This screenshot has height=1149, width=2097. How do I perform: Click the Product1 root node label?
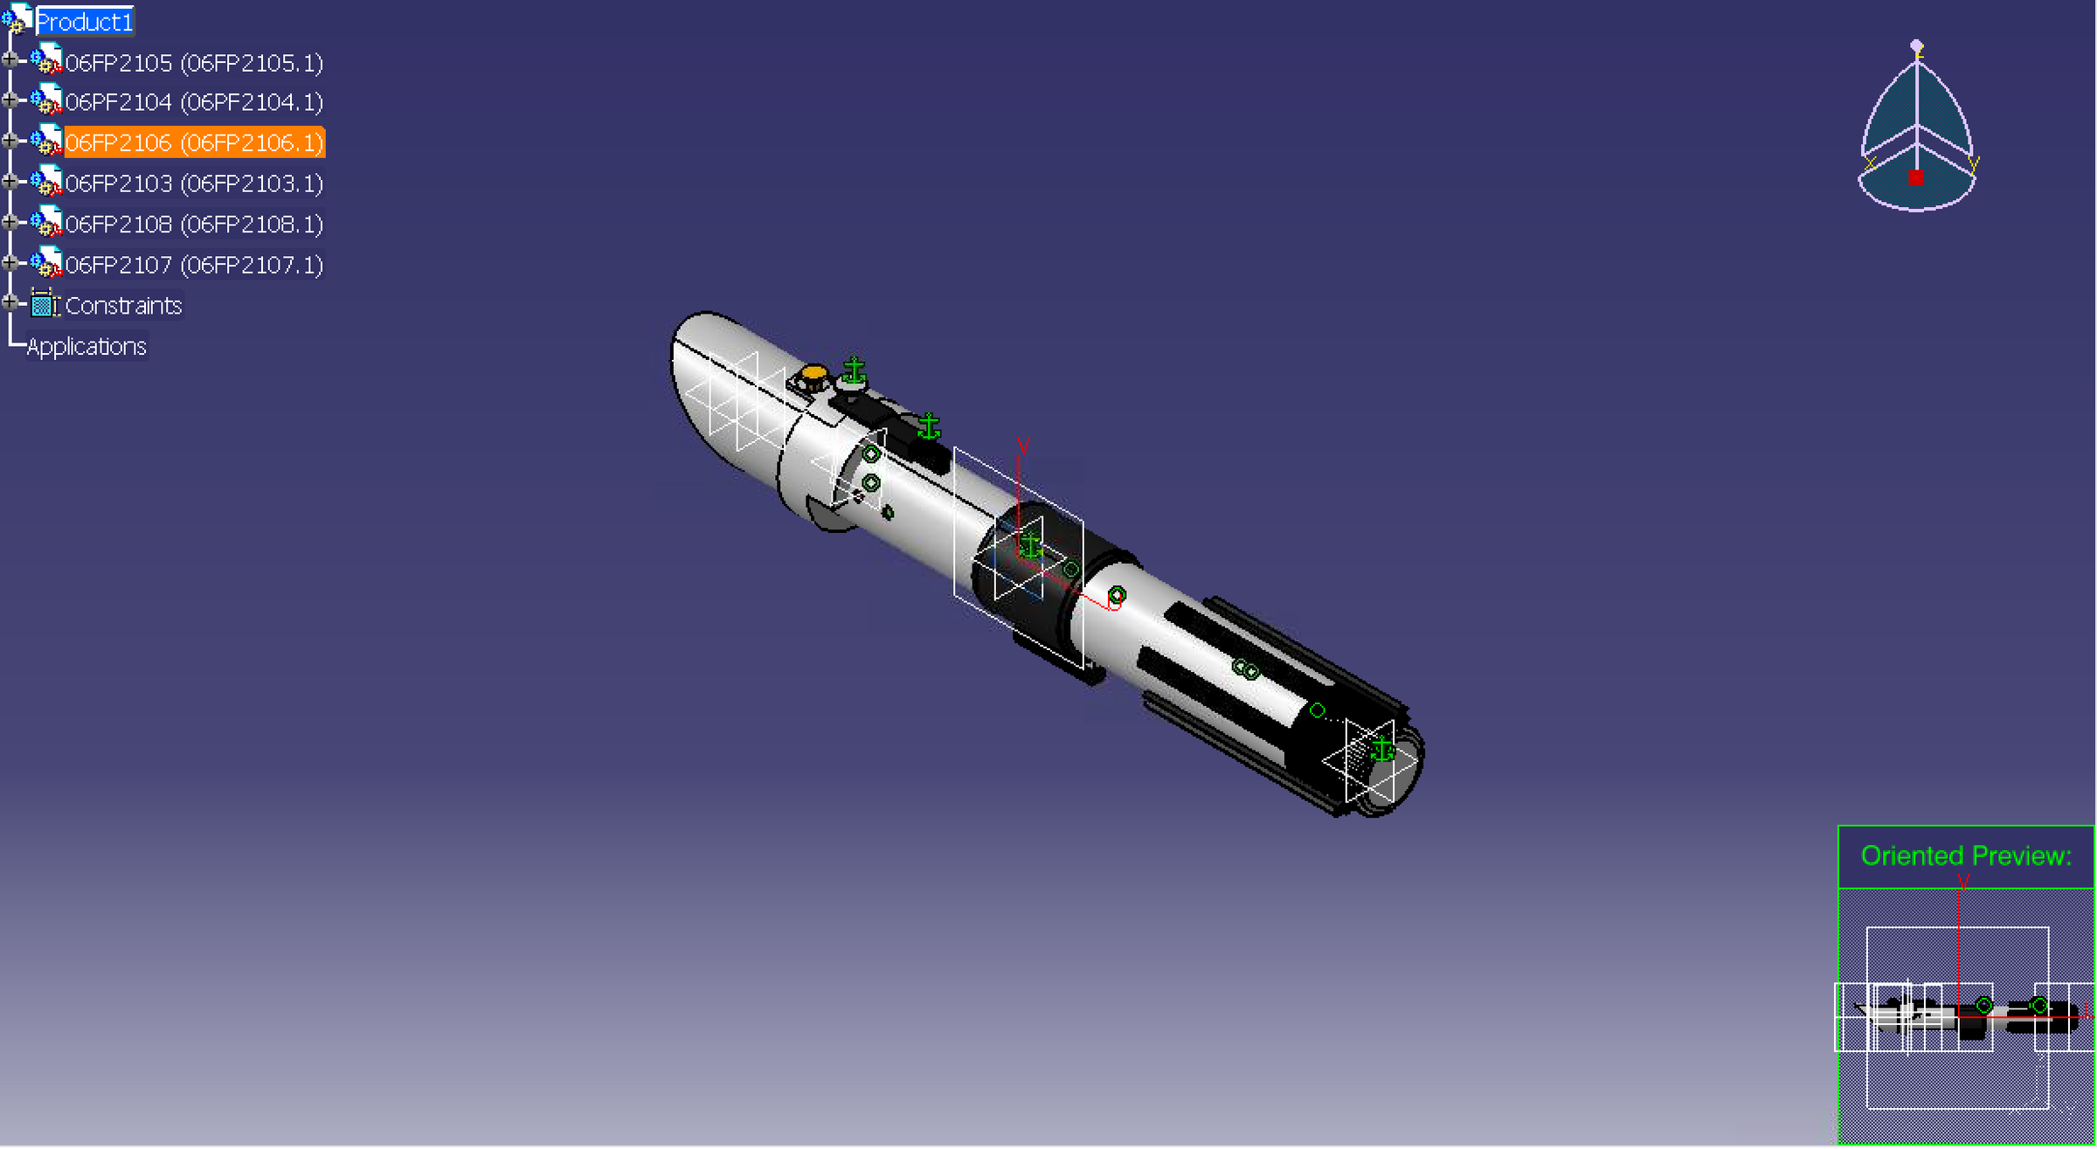pyautogui.click(x=84, y=22)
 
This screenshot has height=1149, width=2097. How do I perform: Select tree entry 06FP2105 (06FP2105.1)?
pyautogui.click(x=193, y=63)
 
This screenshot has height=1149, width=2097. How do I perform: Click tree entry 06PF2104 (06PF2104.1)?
pyautogui.click(x=193, y=102)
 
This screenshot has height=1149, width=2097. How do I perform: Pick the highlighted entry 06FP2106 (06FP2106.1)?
pyautogui.click(x=193, y=142)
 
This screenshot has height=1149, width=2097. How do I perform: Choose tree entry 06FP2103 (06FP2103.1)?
pyautogui.click(x=193, y=183)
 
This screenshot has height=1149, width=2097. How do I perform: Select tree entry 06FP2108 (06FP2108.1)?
pyautogui.click(x=193, y=225)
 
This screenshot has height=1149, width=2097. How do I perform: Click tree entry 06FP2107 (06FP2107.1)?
pyautogui.click(x=193, y=265)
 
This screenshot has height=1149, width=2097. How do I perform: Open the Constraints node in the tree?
pyautogui.click(x=122, y=306)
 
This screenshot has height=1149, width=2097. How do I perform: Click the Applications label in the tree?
pyautogui.click(x=87, y=347)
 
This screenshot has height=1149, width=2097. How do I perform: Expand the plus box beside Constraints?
pyautogui.click(x=10, y=303)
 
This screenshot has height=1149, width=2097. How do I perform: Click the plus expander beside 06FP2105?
pyautogui.click(x=10, y=60)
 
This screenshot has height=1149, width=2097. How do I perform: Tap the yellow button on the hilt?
pyautogui.click(x=813, y=374)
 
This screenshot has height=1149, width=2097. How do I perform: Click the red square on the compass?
pyautogui.click(x=1915, y=177)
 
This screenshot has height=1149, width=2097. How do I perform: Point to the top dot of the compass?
pyautogui.click(x=1916, y=45)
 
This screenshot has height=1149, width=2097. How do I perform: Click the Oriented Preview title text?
pyautogui.click(x=1965, y=855)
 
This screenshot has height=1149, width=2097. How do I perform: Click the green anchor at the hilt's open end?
pyautogui.click(x=1381, y=749)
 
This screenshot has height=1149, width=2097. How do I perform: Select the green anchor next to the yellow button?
pyautogui.click(x=854, y=370)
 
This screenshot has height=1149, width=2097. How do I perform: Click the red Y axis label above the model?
pyautogui.click(x=1023, y=447)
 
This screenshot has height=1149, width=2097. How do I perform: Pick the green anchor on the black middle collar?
pyautogui.click(x=1031, y=545)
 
